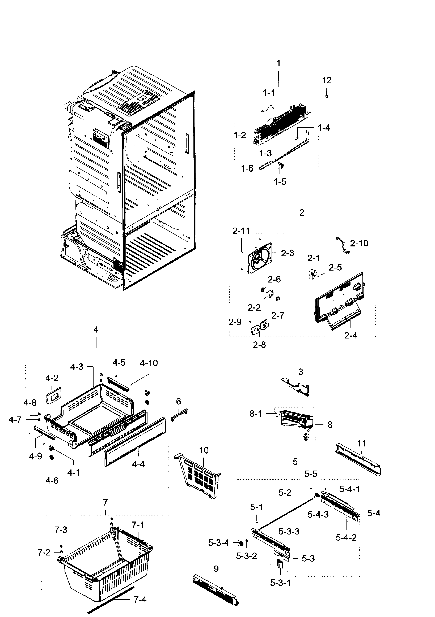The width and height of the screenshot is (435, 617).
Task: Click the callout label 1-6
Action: [247, 168]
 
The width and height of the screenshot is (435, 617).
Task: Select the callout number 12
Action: [327, 80]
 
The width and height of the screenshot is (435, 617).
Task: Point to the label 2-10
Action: [359, 243]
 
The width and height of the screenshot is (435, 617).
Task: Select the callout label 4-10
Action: [149, 363]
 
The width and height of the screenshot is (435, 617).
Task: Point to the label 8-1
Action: [256, 414]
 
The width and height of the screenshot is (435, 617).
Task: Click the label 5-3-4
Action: [218, 543]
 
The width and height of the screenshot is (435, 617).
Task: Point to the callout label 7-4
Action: [140, 599]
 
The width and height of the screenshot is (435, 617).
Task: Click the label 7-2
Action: [44, 553]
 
